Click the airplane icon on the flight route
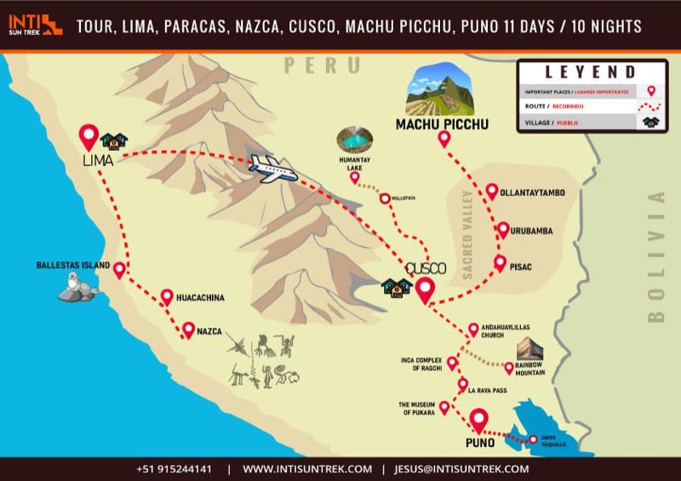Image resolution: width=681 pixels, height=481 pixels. [272, 169]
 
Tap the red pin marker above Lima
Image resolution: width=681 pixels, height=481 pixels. [89, 136]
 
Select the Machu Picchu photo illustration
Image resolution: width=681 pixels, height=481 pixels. [442, 90]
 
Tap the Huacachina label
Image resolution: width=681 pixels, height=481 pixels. [200, 298]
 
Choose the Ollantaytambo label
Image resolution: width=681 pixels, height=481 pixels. [532, 192]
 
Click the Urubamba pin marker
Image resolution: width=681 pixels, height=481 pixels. [502, 229]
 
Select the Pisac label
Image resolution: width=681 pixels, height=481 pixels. [520, 266]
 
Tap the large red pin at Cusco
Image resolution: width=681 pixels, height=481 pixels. [426, 290]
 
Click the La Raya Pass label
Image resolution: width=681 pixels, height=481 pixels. [488, 390]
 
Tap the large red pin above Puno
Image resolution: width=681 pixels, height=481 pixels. [478, 420]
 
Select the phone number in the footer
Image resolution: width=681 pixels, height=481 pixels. [174, 469]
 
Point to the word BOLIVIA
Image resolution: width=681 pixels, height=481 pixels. [655, 256]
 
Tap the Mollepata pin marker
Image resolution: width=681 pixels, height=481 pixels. [385, 198]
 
